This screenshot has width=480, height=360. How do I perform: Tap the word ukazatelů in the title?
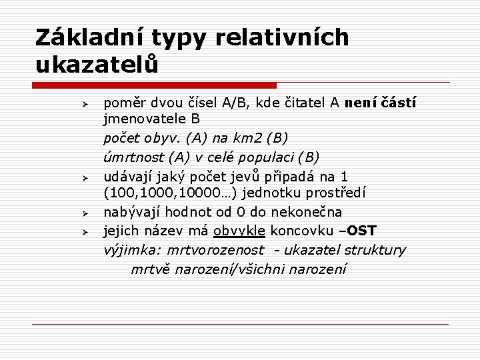click(x=98, y=65)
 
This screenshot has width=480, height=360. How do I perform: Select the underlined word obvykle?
click(x=239, y=231)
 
